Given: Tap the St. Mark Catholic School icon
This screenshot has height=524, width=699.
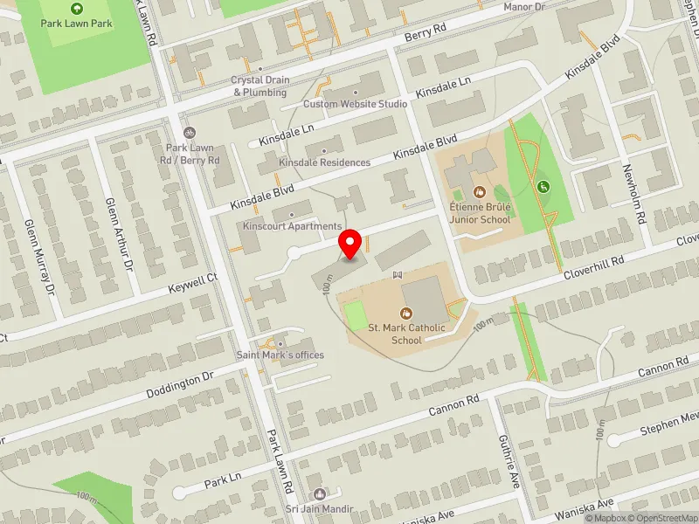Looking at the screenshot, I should click(406, 313).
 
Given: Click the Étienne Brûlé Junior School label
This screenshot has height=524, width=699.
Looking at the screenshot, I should click(479, 214).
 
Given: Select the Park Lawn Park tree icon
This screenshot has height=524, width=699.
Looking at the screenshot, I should click(76, 8).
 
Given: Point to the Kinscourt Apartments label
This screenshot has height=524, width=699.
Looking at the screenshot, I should click(292, 226).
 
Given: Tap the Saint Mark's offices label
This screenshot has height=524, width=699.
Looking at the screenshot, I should click(280, 355).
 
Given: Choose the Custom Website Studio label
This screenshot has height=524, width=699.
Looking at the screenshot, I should click(355, 104).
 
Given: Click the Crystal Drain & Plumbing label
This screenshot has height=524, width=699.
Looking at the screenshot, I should click(260, 86).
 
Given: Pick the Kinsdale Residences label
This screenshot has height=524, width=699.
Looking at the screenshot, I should click(324, 162).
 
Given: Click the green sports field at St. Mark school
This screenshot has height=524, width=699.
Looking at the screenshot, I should click(356, 315).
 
